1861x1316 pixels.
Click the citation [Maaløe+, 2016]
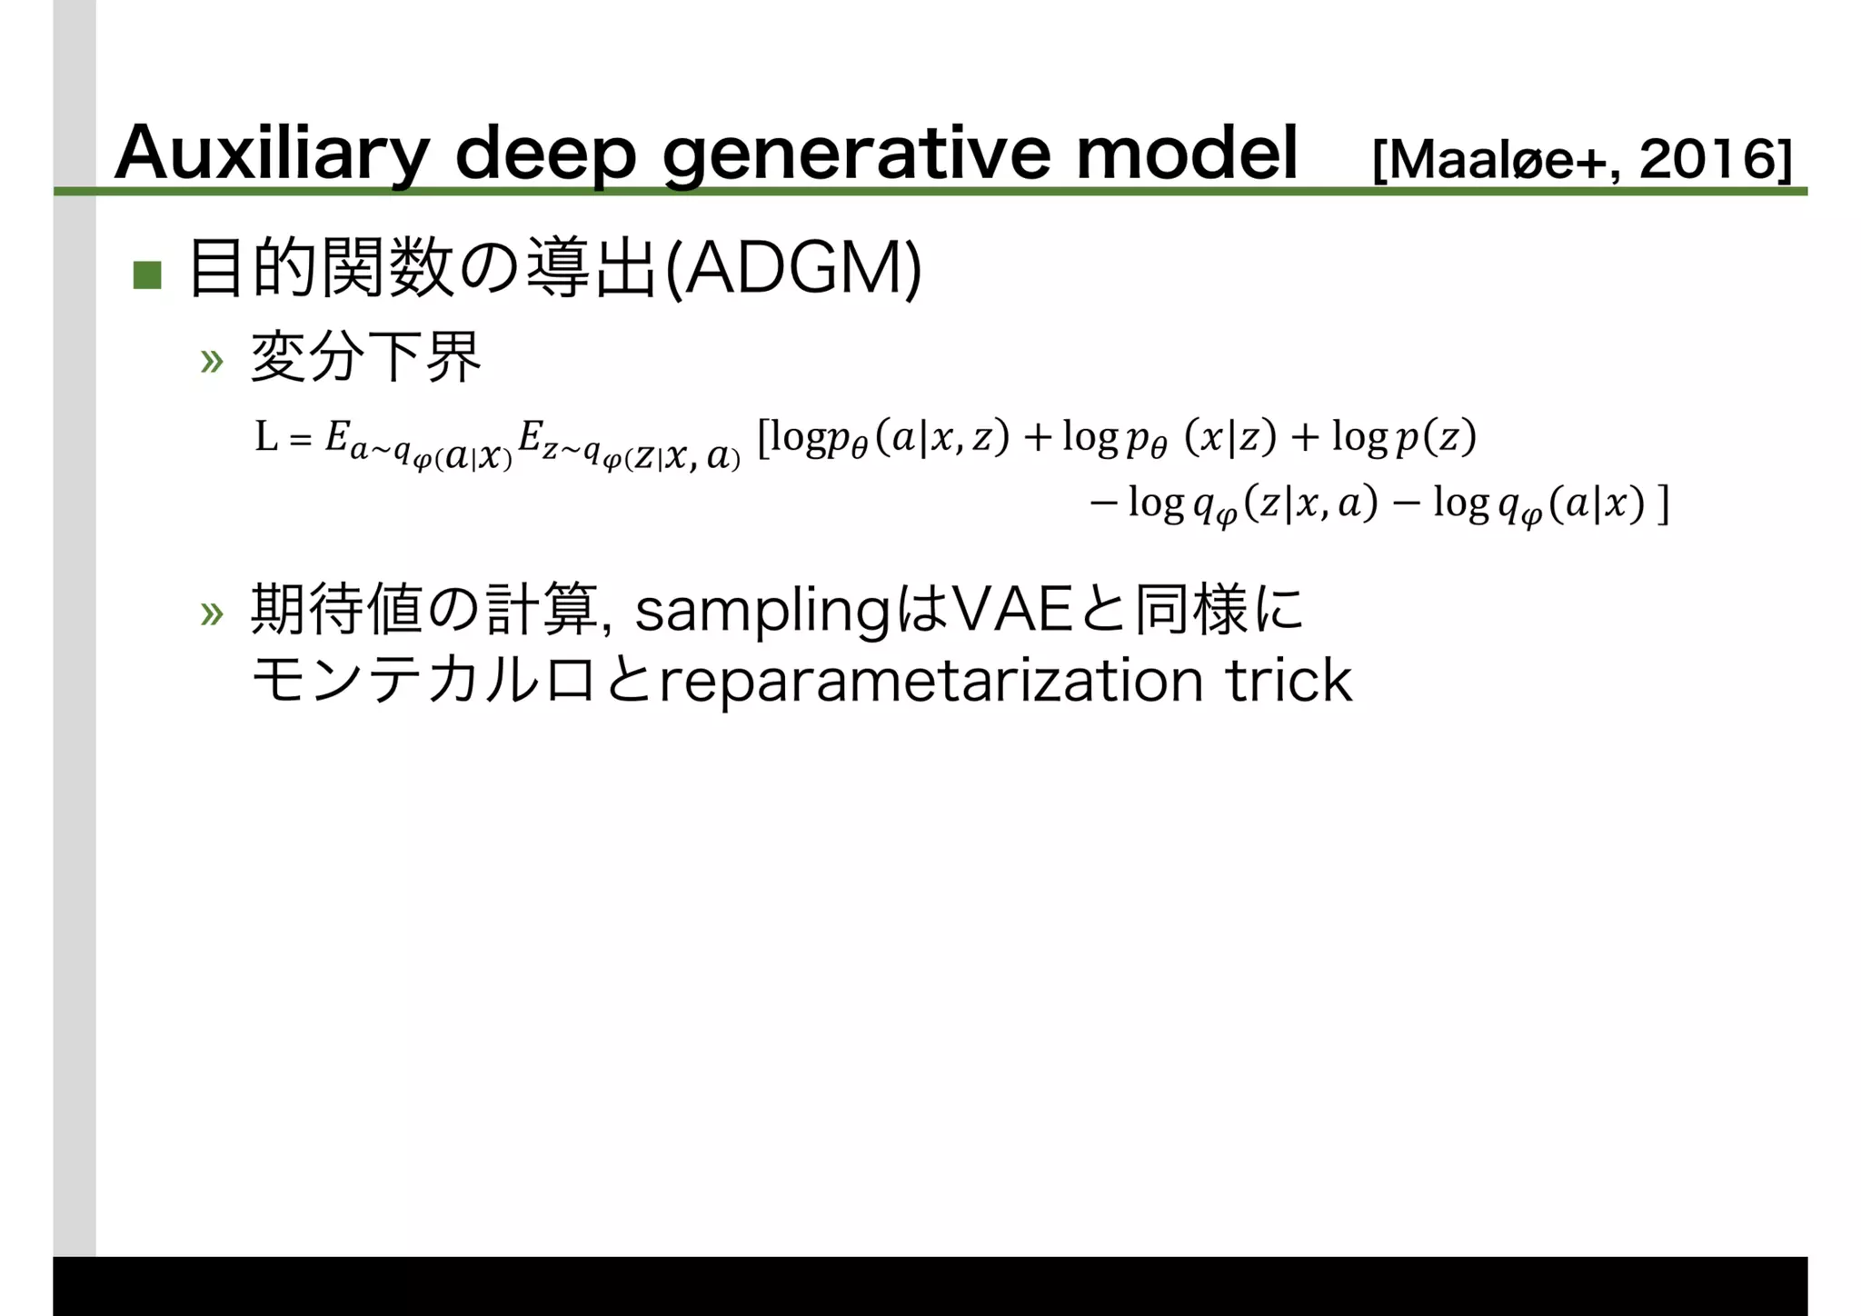click(x=1581, y=161)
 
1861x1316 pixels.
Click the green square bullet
click(x=147, y=274)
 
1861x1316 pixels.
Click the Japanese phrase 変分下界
click(x=365, y=358)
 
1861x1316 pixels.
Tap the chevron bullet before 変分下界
click(x=212, y=362)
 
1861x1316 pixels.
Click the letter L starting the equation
click(x=266, y=438)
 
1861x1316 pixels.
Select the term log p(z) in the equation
click(x=1404, y=438)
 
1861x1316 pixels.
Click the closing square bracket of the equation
click(x=1663, y=504)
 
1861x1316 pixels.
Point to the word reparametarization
click(x=930, y=682)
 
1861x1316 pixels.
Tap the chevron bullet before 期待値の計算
click(x=212, y=614)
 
